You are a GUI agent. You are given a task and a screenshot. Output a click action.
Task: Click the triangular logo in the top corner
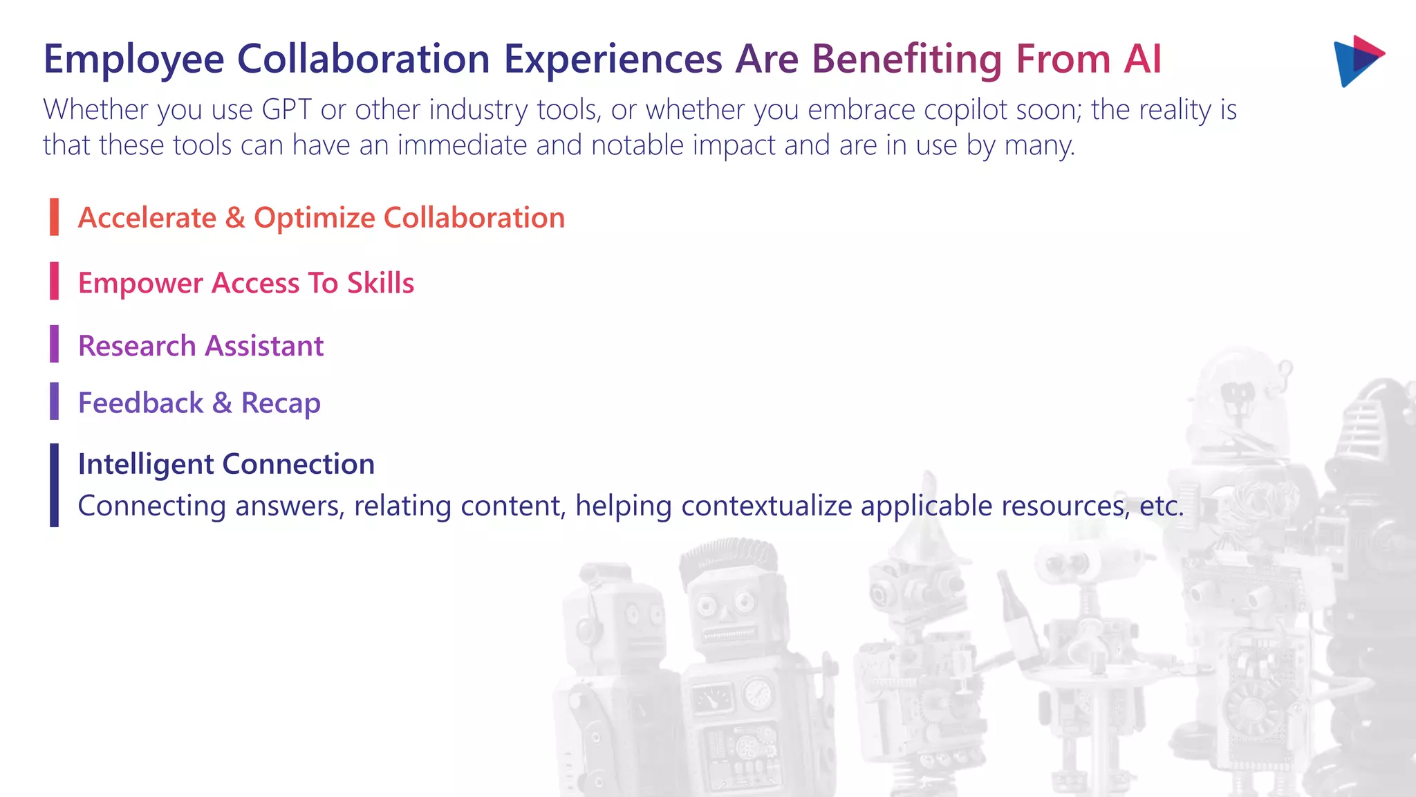pyautogui.click(x=1357, y=61)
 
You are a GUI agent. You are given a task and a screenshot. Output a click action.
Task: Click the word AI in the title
pyautogui.click(x=1142, y=59)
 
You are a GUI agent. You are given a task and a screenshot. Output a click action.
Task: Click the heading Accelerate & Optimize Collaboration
pyautogui.click(x=321, y=218)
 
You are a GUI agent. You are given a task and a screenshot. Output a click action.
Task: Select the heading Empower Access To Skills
pyautogui.click(x=245, y=283)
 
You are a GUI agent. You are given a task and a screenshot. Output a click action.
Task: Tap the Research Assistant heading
pyautogui.click(x=201, y=346)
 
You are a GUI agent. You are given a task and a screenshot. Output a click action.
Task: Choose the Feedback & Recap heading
pyautogui.click(x=199, y=403)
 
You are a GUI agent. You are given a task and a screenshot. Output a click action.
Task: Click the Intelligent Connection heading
pyautogui.click(x=226, y=464)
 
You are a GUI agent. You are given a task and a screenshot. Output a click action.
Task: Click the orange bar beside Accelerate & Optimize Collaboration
pyautogui.click(x=54, y=217)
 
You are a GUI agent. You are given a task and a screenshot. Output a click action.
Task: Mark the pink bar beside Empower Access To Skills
pyautogui.click(x=54, y=281)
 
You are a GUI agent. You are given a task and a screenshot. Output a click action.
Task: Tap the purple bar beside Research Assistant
pyautogui.click(x=54, y=344)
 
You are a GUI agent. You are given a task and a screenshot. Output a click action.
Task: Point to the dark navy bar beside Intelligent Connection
pyautogui.click(x=54, y=485)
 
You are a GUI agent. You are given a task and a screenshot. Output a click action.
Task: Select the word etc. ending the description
pyautogui.click(x=1162, y=506)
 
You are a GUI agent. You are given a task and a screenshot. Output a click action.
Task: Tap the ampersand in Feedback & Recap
pyautogui.click(x=222, y=403)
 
